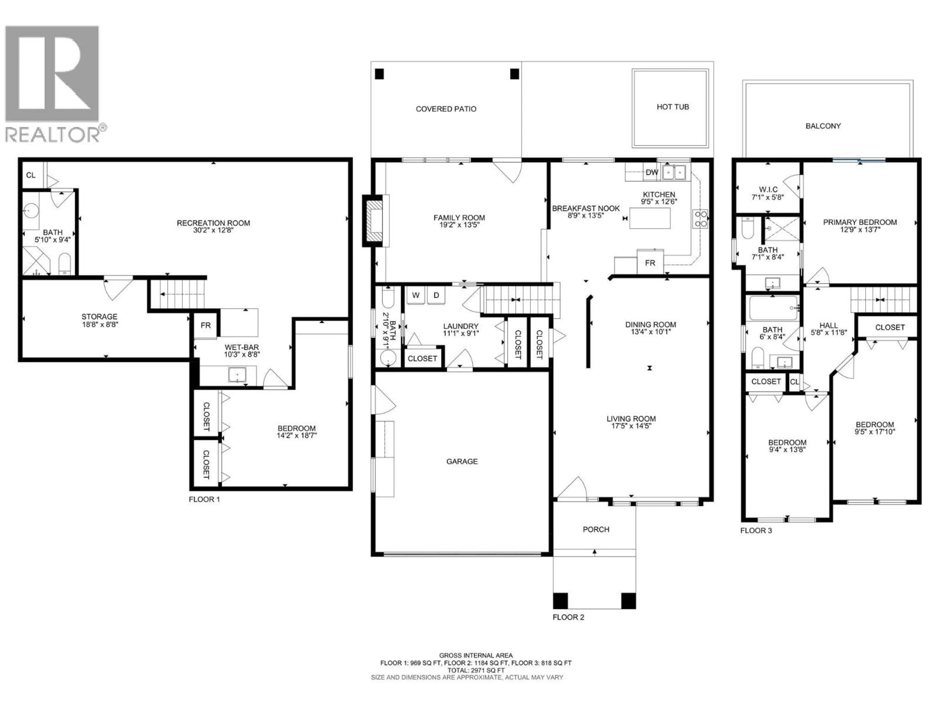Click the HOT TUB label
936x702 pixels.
coord(672,107)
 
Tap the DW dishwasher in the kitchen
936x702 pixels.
coord(652,172)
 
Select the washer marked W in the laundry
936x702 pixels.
coord(416,295)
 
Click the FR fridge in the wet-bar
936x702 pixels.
coord(206,325)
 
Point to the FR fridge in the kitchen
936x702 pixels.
coord(650,263)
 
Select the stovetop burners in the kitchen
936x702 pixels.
coord(700,219)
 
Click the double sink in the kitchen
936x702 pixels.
coord(674,172)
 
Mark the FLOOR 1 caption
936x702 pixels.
coord(204,499)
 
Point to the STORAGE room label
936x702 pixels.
coord(99,317)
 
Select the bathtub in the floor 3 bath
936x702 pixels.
coord(773,308)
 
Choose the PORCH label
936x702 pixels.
coord(596,529)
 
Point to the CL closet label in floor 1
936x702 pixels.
coord(31,175)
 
